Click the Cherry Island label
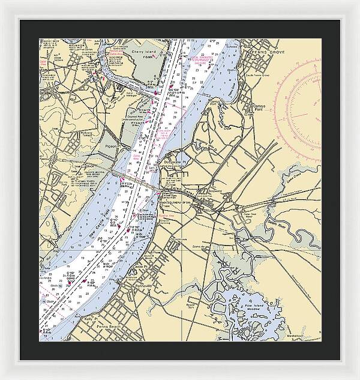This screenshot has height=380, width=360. click(x=143, y=52)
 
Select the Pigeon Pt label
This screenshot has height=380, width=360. click(x=113, y=146)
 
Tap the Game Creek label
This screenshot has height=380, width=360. click(x=295, y=178)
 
